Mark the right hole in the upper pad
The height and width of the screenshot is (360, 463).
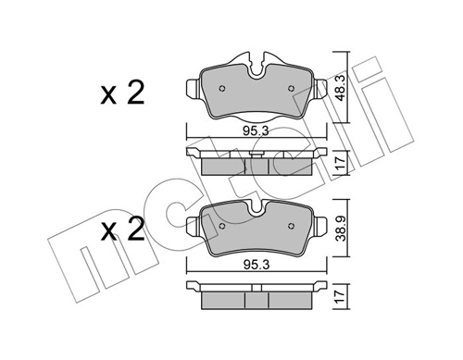pyautogui.click(x=292, y=88)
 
